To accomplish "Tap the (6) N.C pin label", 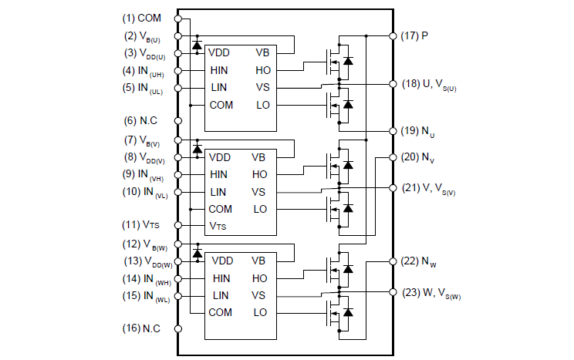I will [x=141, y=121].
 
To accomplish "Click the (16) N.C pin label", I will [x=141, y=329].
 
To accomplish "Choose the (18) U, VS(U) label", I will [x=434, y=84].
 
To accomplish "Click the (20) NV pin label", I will [x=417, y=157].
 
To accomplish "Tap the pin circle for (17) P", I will [x=393, y=35].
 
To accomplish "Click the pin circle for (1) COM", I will [x=178, y=18].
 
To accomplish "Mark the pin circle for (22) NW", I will [x=393, y=261].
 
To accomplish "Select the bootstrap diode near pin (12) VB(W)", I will [x=197, y=253].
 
